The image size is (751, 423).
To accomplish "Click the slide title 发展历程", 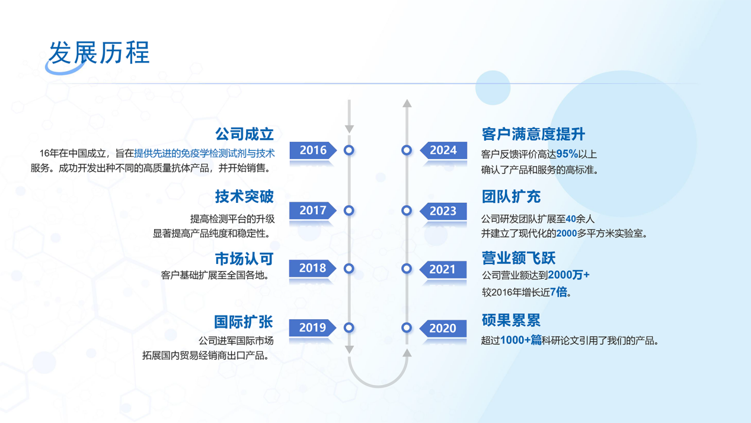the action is click(99, 53).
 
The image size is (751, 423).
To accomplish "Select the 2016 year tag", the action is click(313, 150).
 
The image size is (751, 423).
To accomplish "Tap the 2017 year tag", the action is click(313, 211).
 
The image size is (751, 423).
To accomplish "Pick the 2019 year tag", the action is click(312, 327).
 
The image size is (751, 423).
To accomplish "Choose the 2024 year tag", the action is click(443, 150).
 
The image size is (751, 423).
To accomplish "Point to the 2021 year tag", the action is click(443, 269).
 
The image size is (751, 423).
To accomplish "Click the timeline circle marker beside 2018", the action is click(349, 269).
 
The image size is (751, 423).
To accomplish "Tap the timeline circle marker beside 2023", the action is click(407, 211).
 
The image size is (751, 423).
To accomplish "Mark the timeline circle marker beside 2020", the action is click(407, 327).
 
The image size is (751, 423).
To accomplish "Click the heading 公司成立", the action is click(244, 134).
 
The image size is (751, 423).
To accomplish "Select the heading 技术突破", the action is click(244, 196).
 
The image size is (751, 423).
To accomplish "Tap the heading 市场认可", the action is click(244, 259).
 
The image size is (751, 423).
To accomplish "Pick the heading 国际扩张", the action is click(244, 322).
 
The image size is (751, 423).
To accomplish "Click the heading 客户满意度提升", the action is click(533, 134).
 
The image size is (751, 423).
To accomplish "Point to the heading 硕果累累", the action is click(512, 320).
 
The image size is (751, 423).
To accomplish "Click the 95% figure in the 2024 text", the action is click(567, 154).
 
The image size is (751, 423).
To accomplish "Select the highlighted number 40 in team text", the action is click(571, 219).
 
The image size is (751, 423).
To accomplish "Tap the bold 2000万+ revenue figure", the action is click(568, 275).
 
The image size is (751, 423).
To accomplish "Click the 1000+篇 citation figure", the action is click(520, 340).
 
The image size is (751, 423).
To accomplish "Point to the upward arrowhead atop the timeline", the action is click(407, 103).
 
